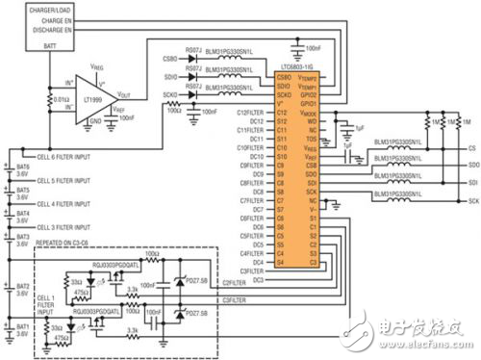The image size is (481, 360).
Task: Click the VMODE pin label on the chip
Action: click(308, 114)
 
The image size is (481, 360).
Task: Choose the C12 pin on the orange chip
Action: click(282, 114)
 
